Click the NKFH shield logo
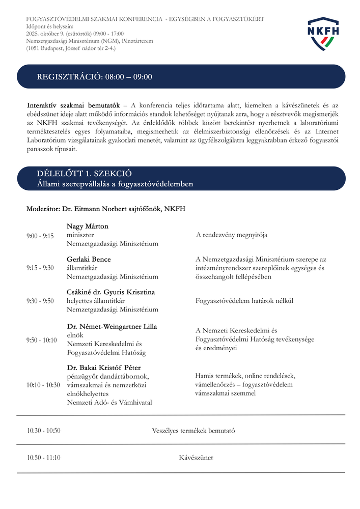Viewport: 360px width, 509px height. pyautogui.click(x=323, y=33)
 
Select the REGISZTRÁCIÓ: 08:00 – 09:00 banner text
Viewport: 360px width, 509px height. pyautogui.click(x=95, y=77)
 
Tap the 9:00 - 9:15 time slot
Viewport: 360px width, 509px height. pyautogui.click(x=40, y=236)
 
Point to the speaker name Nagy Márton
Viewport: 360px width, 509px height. pyautogui.click(x=88, y=227)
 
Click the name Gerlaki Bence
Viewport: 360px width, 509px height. pyautogui.click(x=89, y=260)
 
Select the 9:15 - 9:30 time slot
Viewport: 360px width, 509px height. pyautogui.click(x=40, y=268)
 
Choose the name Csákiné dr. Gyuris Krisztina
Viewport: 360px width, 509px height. pyautogui.click(x=111, y=292)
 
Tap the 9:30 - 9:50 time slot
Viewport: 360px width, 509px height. pyautogui.click(x=40, y=301)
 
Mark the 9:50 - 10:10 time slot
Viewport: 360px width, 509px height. pyautogui.click(x=42, y=340)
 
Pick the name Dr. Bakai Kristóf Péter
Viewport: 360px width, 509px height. pyautogui.click(x=104, y=367)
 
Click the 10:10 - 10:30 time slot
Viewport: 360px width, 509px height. pyautogui.click(x=43, y=385)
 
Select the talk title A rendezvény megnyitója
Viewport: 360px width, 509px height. pyautogui.click(x=232, y=235)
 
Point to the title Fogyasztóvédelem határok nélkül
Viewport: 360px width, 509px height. pyautogui.click(x=244, y=301)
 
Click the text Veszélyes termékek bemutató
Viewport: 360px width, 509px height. pyautogui.click(x=193, y=431)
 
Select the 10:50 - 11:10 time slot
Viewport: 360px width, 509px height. pyautogui.click(x=44, y=458)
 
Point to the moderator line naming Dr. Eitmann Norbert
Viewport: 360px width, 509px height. pyautogui.click(x=106, y=209)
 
